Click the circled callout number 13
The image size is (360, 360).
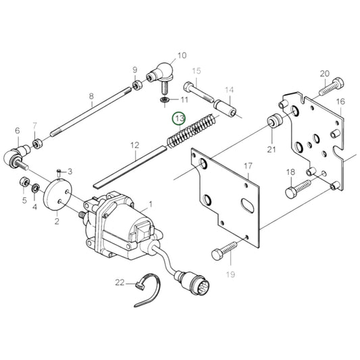point(179,118)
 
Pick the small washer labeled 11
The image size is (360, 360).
point(163,101)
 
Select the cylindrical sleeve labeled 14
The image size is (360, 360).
point(226,107)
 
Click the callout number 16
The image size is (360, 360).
point(340,102)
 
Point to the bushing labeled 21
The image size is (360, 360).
point(274,122)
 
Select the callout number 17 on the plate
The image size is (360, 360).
point(247,165)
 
